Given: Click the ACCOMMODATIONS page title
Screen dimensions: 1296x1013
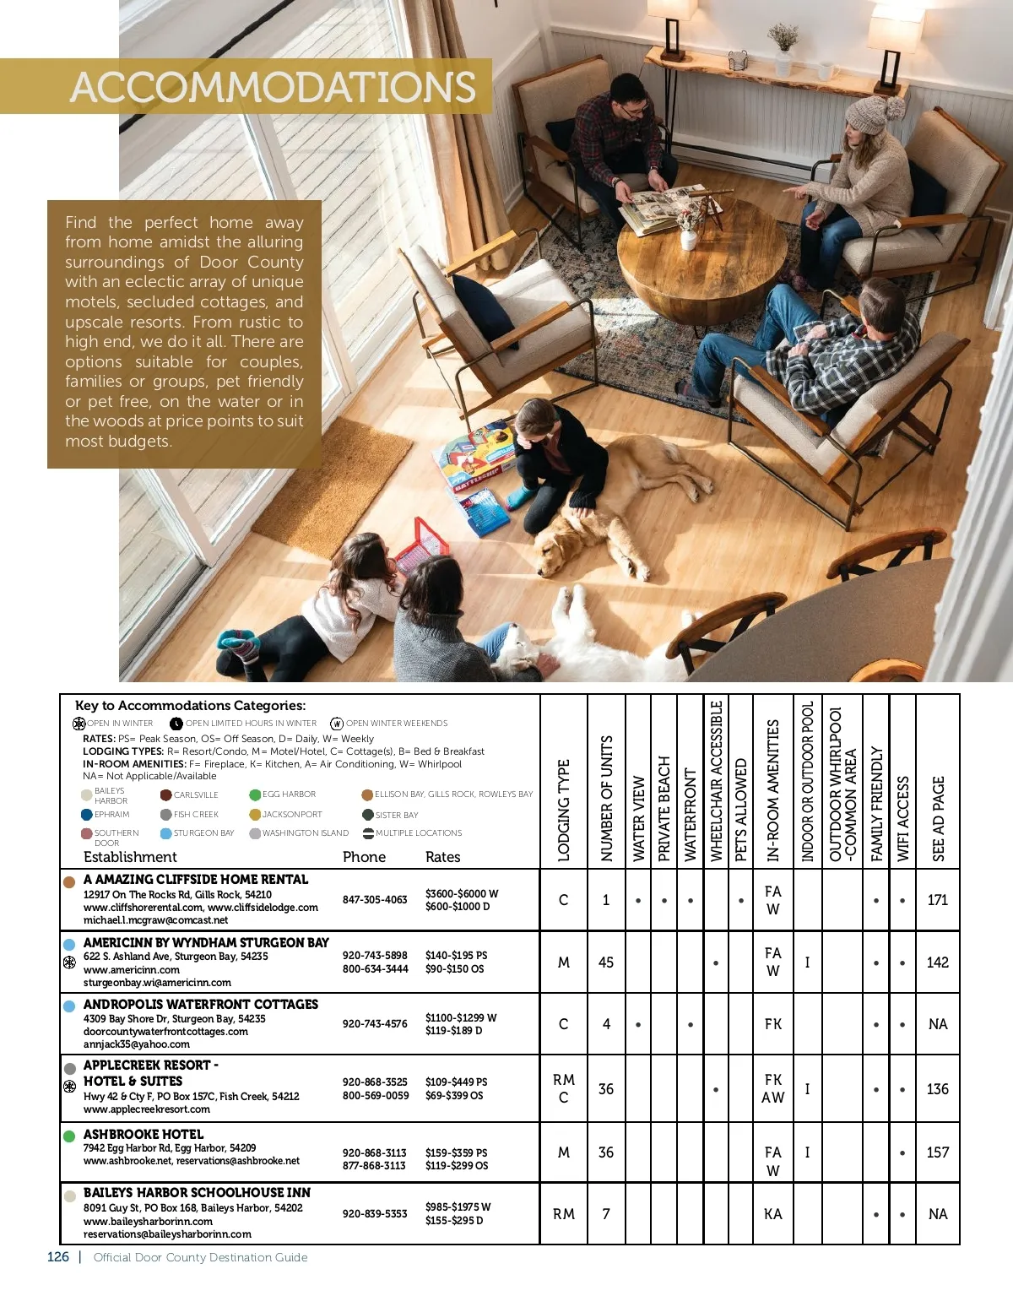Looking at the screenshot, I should click(x=273, y=87).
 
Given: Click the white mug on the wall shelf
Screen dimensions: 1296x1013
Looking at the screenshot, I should click(x=826, y=71).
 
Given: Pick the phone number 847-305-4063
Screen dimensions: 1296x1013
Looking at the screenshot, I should click(x=375, y=900).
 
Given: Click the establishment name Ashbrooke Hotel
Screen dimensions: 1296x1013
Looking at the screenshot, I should click(x=144, y=1134).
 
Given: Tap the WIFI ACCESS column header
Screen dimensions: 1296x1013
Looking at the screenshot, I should click(x=903, y=817).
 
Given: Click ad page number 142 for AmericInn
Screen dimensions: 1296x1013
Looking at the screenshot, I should click(x=938, y=963).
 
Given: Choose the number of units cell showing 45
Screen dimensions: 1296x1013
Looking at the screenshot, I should click(x=606, y=963).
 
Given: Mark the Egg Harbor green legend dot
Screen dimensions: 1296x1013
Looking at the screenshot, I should click(x=255, y=794).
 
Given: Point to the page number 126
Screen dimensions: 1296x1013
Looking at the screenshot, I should click(x=58, y=1257).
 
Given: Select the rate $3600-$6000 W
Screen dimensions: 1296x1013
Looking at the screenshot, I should click(x=462, y=893).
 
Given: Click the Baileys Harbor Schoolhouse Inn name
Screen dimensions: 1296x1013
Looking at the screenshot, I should click(x=197, y=1192).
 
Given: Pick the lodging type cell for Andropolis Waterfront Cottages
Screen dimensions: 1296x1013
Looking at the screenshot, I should click(x=564, y=1024).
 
